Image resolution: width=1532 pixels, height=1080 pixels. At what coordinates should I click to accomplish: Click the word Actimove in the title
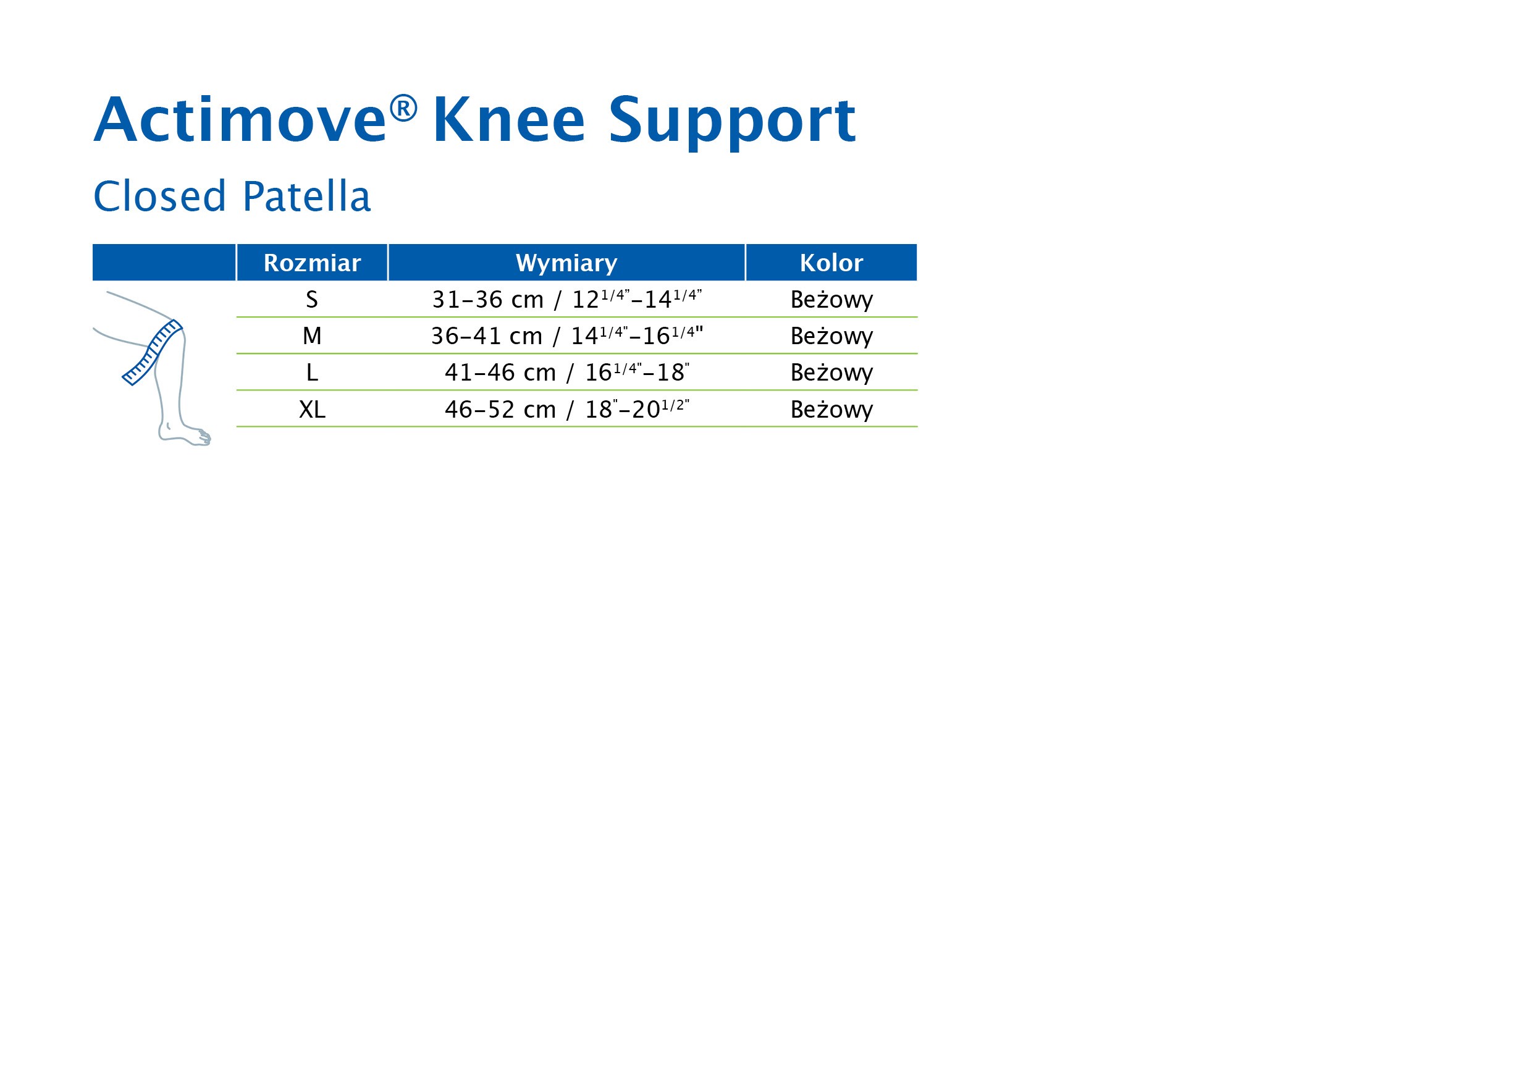[240, 119]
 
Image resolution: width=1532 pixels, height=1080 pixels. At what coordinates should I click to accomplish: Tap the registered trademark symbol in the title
[403, 108]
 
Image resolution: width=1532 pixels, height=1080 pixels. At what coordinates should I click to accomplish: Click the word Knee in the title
[509, 119]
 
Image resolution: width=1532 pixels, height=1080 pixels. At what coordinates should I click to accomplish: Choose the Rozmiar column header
[313, 263]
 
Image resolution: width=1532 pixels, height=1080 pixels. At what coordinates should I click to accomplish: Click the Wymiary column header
[566, 264]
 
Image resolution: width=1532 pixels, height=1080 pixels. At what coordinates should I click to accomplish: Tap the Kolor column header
[831, 263]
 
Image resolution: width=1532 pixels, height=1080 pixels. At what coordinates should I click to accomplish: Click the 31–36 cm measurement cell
[566, 299]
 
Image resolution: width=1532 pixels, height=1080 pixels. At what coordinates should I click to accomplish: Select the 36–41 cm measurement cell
[566, 335]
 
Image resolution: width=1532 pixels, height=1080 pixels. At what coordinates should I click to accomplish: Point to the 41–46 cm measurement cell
[566, 372]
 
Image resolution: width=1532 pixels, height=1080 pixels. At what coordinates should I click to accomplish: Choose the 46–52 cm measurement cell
[566, 408]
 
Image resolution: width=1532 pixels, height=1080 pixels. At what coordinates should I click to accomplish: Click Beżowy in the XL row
[831, 410]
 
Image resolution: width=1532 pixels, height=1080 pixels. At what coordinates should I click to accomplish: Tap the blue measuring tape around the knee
[153, 352]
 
